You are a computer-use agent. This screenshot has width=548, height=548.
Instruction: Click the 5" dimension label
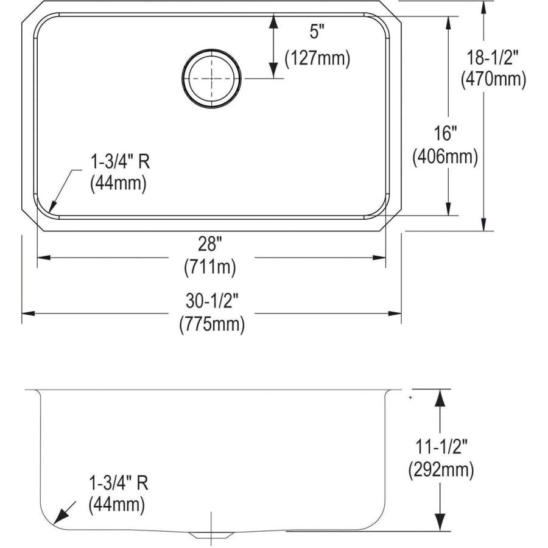[x=317, y=32]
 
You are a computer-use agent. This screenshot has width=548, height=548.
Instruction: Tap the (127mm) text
[x=317, y=58]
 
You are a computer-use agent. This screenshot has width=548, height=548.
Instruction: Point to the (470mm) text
[x=493, y=79]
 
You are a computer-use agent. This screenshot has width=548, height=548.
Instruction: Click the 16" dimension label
[x=445, y=133]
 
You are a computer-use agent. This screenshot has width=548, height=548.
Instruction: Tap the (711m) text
[x=210, y=267]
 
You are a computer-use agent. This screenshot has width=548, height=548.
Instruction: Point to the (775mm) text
[x=212, y=325]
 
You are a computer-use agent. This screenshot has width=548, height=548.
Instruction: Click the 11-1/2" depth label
[x=441, y=446]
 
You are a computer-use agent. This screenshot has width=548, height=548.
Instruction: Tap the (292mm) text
[x=441, y=469]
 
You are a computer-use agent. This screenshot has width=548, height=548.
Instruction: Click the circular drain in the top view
[x=211, y=79]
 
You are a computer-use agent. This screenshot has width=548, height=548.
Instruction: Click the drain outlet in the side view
[x=211, y=535]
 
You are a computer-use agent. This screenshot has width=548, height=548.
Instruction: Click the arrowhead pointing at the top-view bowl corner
[x=53, y=206]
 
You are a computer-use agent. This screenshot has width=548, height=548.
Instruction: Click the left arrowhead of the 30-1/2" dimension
[x=28, y=313]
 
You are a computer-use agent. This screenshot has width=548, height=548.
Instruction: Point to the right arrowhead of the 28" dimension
[x=379, y=258]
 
